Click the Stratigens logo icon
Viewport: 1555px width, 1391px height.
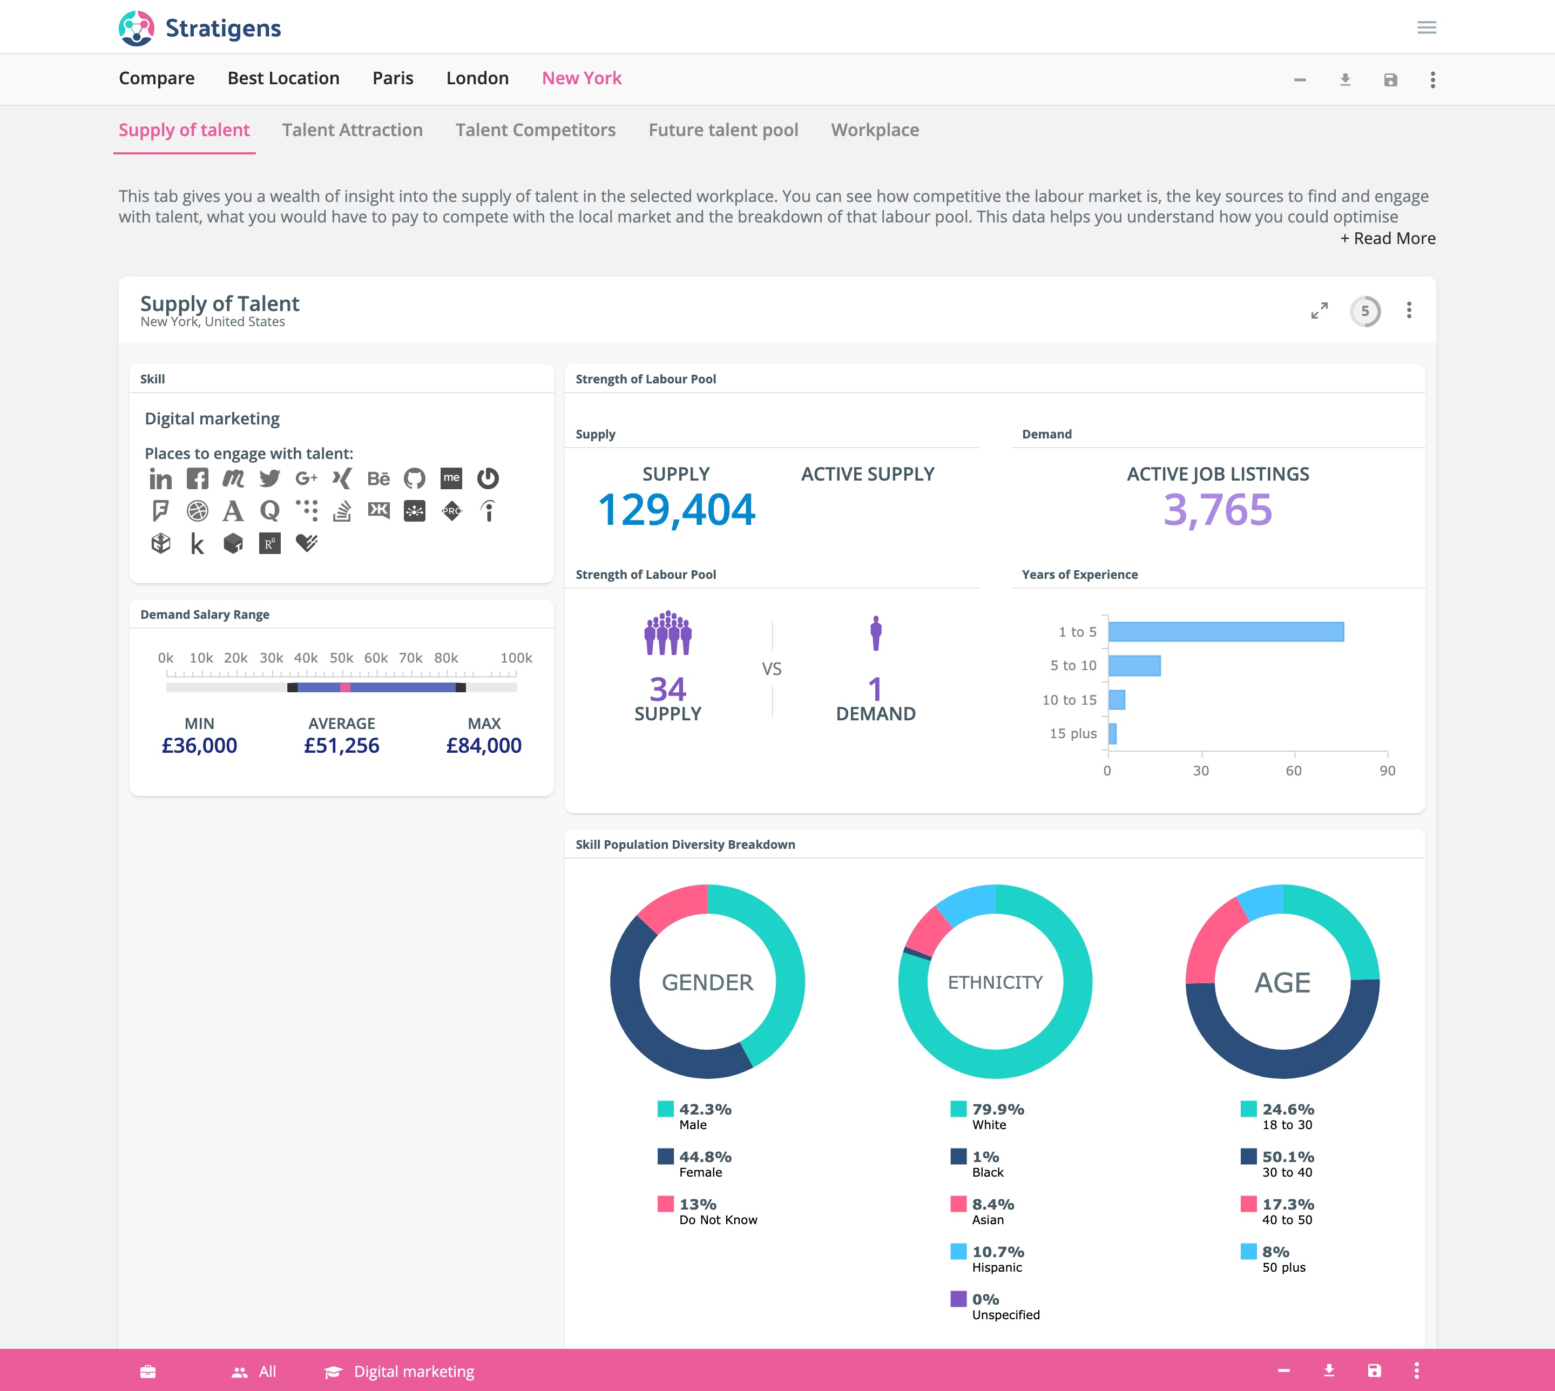coord(136,28)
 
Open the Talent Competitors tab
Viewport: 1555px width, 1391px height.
coord(535,131)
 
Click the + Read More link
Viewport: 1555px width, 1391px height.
coord(1387,239)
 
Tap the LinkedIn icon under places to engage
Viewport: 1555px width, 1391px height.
coord(160,479)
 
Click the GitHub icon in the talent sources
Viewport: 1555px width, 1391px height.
coord(414,479)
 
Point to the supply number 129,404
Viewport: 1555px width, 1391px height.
coord(676,510)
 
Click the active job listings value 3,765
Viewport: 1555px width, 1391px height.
coord(1217,510)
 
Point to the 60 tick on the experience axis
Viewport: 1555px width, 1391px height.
coord(1293,771)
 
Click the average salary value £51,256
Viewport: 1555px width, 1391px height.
coord(342,746)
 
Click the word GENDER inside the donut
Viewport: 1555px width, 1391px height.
coord(707,982)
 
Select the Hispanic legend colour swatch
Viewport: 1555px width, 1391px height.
coord(958,1252)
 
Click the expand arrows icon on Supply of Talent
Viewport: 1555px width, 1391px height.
coord(1319,311)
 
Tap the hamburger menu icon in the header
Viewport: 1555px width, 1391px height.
coord(1426,28)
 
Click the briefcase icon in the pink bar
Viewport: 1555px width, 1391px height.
coord(148,1371)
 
